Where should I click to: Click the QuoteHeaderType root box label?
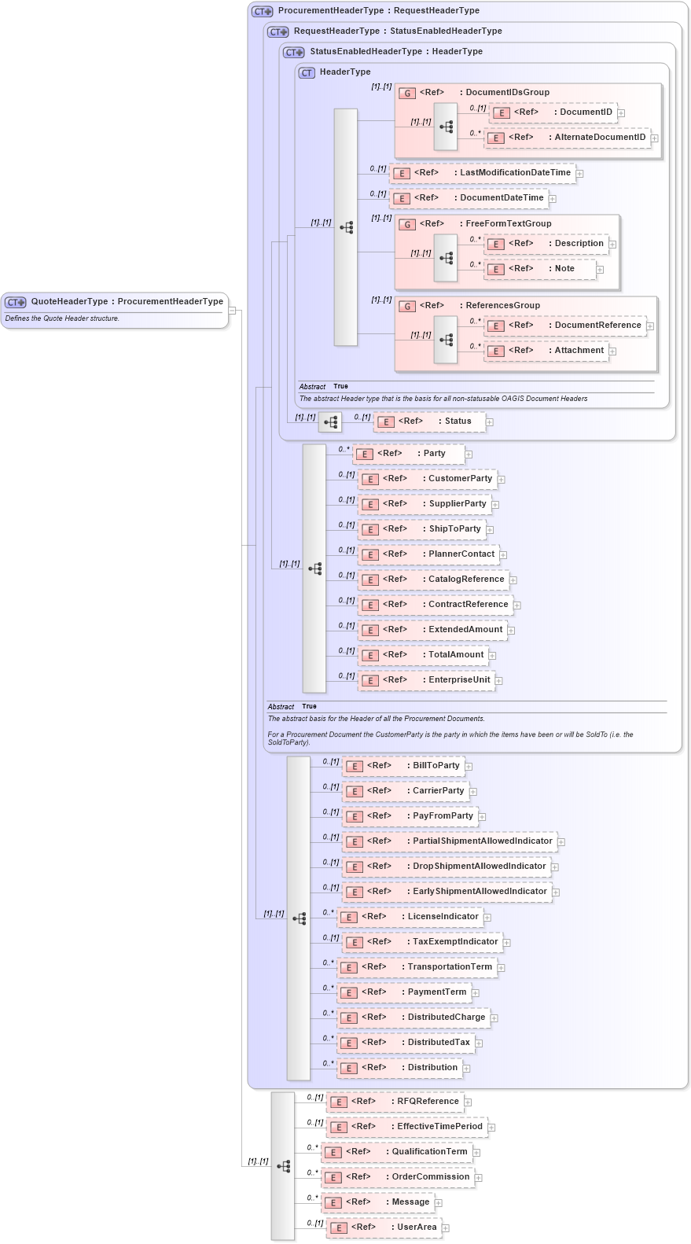click(x=127, y=301)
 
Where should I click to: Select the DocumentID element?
click(x=585, y=112)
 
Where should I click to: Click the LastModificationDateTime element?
click(x=514, y=173)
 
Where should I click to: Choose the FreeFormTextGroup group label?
click(x=508, y=224)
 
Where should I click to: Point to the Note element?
click(x=564, y=269)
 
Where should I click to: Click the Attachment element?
click(x=579, y=351)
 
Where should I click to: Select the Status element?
click(x=458, y=421)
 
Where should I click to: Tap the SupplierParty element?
click(x=457, y=504)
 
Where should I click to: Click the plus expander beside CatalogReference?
click(x=513, y=580)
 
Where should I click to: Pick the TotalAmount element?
click(x=455, y=655)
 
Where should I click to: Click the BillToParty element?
click(x=436, y=766)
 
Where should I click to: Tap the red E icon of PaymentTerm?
click(x=350, y=993)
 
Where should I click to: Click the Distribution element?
click(x=432, y=1068)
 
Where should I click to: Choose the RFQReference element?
click(x=427, y=1102)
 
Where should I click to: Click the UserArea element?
click(x=416, y=1227)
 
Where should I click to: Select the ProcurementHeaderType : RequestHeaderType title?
click(x=378, y=11)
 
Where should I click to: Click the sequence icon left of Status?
click(x=330, y=422)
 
